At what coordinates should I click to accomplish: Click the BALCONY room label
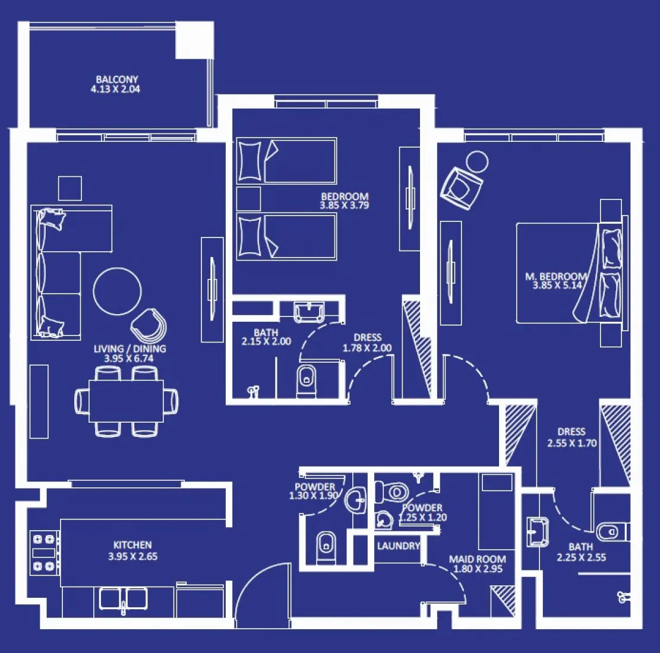pyautogui.click(x=117, y=79)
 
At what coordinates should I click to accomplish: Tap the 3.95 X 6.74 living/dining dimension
pyautogui.click(x=129, y=359)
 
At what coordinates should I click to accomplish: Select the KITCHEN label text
pyautogui.click(x=132, y=545)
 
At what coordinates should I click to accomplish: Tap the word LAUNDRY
pyautogui.click(x=398, y=546)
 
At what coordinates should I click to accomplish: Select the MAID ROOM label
pyautogui.click(x=478, y=559)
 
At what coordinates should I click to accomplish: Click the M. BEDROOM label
pyautogui.click(x=555, y=277)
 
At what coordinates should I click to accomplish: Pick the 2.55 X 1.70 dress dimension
pyautogui.click(x=571, y=443)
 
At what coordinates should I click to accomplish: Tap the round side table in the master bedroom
pyautogui.click(x=476, y=161)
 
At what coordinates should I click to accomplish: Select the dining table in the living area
pyautogui.click(x=126, y=401)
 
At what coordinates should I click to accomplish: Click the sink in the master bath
pyautogui.click(x=537, y=530)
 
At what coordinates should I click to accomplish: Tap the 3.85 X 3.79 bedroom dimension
pyautogui.click(x=345, y=206)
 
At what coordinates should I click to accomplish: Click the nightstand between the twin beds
pyautogui.click(x=248, y=199)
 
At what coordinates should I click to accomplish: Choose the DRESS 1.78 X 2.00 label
pyautogui.click(x=367, y=343)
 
